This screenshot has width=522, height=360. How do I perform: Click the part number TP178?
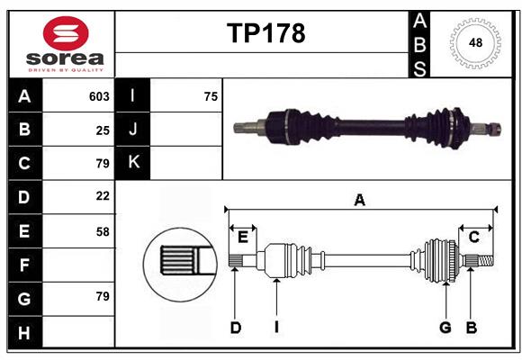(265, 33)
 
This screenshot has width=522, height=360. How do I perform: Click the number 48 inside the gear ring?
(473, 41)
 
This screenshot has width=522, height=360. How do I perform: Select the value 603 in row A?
(99, 96)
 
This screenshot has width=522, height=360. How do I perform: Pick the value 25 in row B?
(103, 130)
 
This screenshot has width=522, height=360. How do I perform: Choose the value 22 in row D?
(103, 196)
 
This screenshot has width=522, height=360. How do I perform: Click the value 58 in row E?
(103, 230)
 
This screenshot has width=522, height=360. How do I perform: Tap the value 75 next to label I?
(211, 96)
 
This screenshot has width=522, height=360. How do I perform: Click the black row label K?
(133, 163)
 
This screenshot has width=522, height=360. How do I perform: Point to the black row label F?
(24, 265)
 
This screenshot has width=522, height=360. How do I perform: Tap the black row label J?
(133, 130)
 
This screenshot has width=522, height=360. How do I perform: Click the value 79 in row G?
(103, 297)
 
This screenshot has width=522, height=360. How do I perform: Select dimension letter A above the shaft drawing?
(360, 201)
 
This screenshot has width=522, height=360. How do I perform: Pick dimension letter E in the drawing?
(242, 237)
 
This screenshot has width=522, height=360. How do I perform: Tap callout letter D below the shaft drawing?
(235, 328)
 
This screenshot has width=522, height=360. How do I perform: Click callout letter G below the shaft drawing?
(445, 328)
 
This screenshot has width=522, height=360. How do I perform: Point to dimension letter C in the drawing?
(473, 237)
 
